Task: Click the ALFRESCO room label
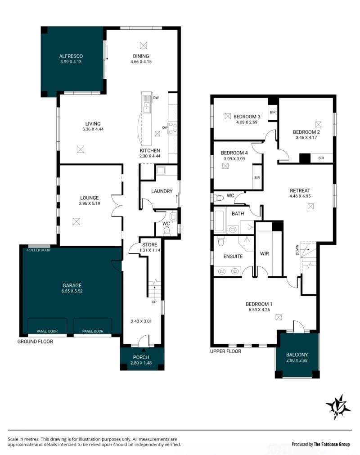coord(71,56)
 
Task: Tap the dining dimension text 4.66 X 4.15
coord(141,62)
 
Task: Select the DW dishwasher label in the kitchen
coord(156,98)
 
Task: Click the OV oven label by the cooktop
coord(165,128)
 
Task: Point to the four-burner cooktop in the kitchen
coord(173,128)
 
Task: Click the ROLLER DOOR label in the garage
coord(39,250)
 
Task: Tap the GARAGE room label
coord(72,285)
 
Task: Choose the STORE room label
coord(150,245)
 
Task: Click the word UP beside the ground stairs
coord(154,302)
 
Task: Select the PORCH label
coord(141,357)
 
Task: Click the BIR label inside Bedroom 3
coord(273,113)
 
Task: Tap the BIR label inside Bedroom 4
coord(257,178)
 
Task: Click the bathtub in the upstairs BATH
coord(220,220)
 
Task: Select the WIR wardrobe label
coord(264,254)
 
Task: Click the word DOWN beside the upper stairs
coord(297,250)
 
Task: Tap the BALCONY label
coord(297,355)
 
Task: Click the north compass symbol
coord(338,406)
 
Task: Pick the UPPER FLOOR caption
coord(226,351)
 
